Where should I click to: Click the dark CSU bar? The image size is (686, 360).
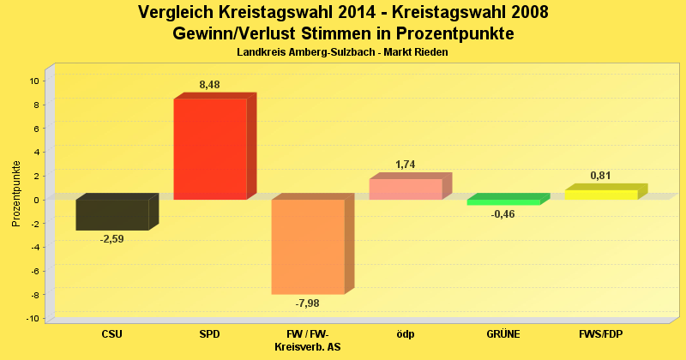click(112, 214)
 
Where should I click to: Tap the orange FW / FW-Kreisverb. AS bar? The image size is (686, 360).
click(308, 247)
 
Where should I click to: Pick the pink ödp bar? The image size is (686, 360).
click(406, 189)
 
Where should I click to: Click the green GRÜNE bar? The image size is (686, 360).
click(503, 202)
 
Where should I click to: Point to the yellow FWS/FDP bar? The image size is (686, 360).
click(601, 195)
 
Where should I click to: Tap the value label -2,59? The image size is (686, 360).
click(112, 239)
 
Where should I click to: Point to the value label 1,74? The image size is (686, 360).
click(406, 165)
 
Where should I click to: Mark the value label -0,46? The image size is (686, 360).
click(503, 214)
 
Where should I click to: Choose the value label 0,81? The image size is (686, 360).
click(601, 176)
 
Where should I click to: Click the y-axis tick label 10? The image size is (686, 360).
click(34, 81)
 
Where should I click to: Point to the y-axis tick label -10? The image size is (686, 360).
click(33, 318)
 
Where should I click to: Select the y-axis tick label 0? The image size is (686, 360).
click(37, 200)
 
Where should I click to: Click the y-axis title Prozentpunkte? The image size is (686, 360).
click(16, 193)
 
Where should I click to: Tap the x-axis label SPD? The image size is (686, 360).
click(210, 333)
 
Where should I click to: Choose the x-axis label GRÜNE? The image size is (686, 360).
click(503, 333)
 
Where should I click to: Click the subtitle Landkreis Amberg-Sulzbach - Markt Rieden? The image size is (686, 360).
click(342, 52)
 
